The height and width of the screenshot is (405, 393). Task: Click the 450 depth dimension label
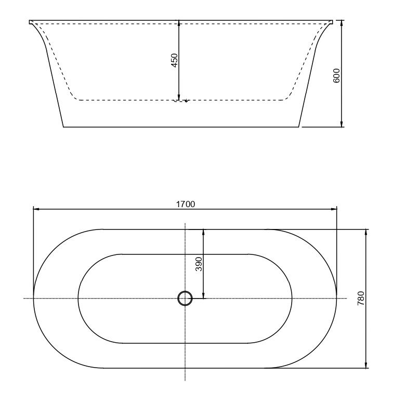[175, 60]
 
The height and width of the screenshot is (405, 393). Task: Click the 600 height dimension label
[336, 75]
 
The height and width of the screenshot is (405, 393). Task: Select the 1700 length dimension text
[186, 204]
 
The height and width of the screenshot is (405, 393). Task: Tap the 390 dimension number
[199, 264]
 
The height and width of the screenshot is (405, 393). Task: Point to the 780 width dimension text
[361, 299]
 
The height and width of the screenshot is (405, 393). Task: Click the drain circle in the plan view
[185, 299]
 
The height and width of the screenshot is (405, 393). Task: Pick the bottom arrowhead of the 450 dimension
[179, 97]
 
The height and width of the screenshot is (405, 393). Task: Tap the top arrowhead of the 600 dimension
[342, 23]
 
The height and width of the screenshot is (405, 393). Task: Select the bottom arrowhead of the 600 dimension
[342, 124]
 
